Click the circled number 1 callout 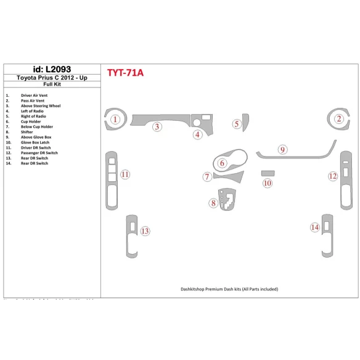pos(115,120)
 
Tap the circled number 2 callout pos(338,120)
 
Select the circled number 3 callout pos(158,127)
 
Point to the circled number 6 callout pos(222,163)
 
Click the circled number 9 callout pos(282,149)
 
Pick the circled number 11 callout pos(125,175)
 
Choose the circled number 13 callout pos(145,231)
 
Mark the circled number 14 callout pos(314,227)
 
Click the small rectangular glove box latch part pos(267,174)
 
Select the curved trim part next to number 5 pos(245,123)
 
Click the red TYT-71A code pos(126,73)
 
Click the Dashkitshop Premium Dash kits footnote pos(230,288)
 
